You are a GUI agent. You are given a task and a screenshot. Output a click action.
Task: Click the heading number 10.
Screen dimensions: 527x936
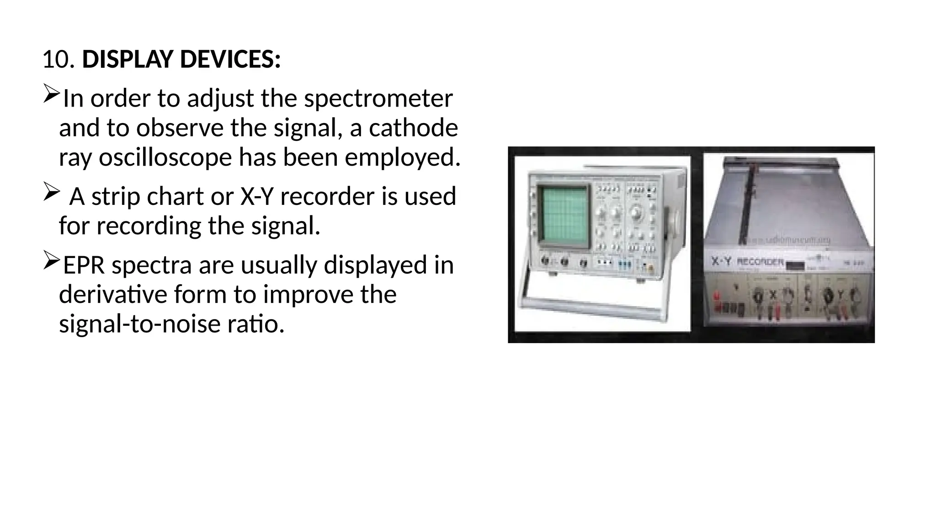pos(58,60)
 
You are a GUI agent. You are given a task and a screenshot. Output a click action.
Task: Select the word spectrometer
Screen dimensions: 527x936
pos(378,98)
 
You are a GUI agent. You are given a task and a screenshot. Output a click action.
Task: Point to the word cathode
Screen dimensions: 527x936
pos(413,128)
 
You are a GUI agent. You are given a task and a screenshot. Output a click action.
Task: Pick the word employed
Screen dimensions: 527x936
pos(402,157)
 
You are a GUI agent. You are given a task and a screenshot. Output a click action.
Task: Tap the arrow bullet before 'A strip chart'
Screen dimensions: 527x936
pos(51,191)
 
